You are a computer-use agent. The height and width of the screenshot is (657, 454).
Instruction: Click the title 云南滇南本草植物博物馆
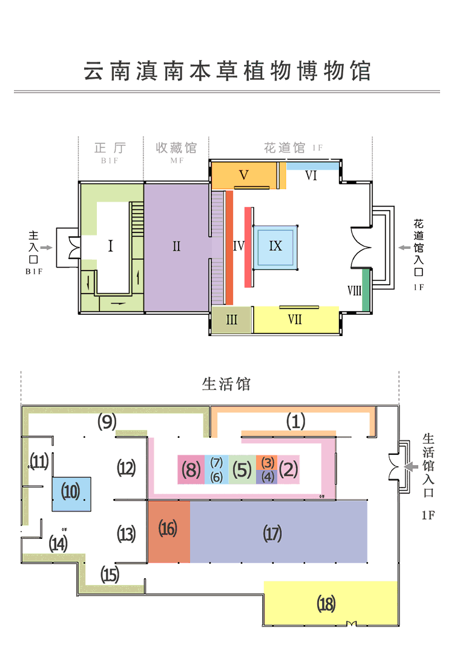coord(226,71)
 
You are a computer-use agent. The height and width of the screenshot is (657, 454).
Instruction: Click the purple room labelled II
coord(177,246)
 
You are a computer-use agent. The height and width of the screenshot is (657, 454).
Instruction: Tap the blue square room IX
coord(275,246)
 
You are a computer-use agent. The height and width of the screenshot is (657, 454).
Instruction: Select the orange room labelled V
coord(244,175)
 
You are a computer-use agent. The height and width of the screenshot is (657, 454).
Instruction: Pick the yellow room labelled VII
coord(295,320)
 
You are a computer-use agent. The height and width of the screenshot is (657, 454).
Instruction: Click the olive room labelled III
coord(231,320)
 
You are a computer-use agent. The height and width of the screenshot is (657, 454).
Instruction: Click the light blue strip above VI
coord(311,166)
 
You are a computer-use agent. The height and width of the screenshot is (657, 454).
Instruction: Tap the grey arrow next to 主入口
coord(46,247)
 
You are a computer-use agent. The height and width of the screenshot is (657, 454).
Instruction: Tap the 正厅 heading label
coord(110,148)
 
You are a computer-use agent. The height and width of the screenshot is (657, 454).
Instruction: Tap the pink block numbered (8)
coord(191,470)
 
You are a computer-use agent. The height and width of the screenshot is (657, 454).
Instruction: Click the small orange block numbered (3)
coord(268,462)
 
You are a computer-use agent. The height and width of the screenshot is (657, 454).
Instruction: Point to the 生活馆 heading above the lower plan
coord(226,385)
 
